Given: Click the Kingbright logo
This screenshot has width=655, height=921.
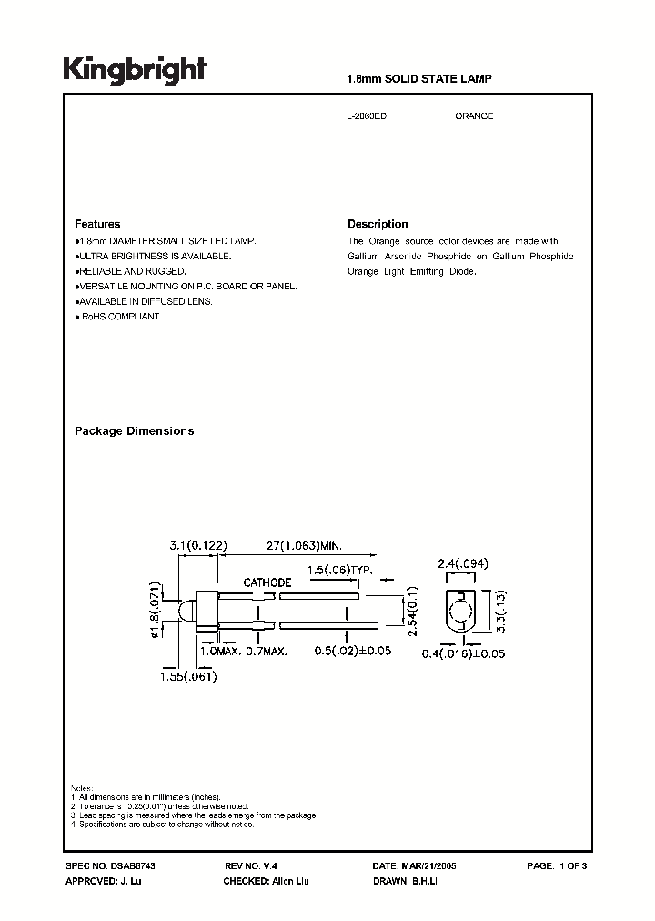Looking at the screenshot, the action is (135, 69).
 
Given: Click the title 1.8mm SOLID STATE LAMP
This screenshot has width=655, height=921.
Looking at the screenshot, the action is (419, 80).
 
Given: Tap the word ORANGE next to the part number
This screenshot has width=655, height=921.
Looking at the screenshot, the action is (474, 116).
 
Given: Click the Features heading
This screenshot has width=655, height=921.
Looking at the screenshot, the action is (97, 224).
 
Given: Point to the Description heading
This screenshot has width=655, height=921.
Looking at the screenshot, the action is (378, 224).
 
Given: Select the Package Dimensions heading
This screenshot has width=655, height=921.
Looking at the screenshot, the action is (134, 431).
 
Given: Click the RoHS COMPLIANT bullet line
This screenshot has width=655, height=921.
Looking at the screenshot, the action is (118, 316).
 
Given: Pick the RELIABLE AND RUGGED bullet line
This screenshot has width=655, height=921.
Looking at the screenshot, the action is (131, 271).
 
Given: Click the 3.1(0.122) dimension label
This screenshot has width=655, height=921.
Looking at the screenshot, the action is (197, 545).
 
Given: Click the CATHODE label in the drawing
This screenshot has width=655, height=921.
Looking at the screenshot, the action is (266, 582).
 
